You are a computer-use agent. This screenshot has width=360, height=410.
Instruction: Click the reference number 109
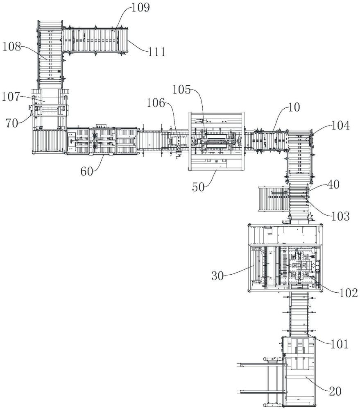(140, 7)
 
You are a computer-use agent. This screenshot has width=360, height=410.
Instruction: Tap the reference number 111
(157, 52)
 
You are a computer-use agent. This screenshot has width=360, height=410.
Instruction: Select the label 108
(11, 47)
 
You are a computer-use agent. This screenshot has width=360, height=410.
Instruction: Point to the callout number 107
(11, 97)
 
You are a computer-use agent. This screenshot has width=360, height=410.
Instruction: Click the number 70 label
(12, 123)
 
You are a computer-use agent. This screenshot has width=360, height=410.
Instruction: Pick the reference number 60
(87, 171)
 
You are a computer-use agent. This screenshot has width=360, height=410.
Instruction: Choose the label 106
(156, 103)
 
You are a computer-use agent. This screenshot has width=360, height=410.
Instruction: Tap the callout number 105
(181, 90)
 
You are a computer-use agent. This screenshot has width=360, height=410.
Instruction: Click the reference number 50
(198, 187)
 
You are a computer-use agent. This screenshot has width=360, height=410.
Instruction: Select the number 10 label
(294, 107)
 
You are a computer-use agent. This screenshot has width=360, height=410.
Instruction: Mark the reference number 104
(340, 126)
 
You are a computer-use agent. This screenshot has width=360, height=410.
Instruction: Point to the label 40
(333, 184)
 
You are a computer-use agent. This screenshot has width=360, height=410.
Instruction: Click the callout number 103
(340, 216)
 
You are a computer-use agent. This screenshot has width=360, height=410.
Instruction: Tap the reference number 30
(217, 276)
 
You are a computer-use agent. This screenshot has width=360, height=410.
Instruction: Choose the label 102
(349, 293)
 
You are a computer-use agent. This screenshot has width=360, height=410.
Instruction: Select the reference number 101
(340, 344)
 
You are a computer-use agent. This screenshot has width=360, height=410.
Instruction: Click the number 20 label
(335, 392)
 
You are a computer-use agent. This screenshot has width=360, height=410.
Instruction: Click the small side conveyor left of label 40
(273, 198)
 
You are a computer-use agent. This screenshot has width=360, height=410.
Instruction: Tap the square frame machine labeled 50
(216, 141)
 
